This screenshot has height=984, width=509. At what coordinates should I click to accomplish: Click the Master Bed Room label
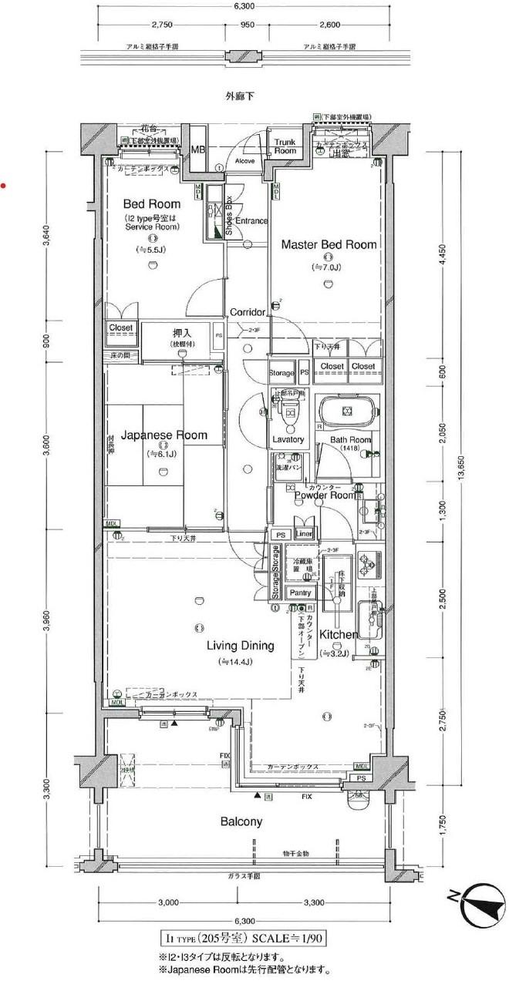point(329,245)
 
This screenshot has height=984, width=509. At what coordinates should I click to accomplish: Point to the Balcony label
point(241,821)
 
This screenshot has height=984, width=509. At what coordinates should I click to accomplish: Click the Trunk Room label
point(285,146)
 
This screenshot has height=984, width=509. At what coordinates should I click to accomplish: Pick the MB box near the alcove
point(198,150)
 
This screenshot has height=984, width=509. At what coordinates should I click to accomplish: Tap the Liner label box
point(304,535)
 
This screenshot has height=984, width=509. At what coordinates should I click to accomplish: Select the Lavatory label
point(289,439)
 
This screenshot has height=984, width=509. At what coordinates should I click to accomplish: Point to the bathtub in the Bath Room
point(346,411)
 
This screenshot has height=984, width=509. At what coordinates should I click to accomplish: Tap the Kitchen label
point(338,635)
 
